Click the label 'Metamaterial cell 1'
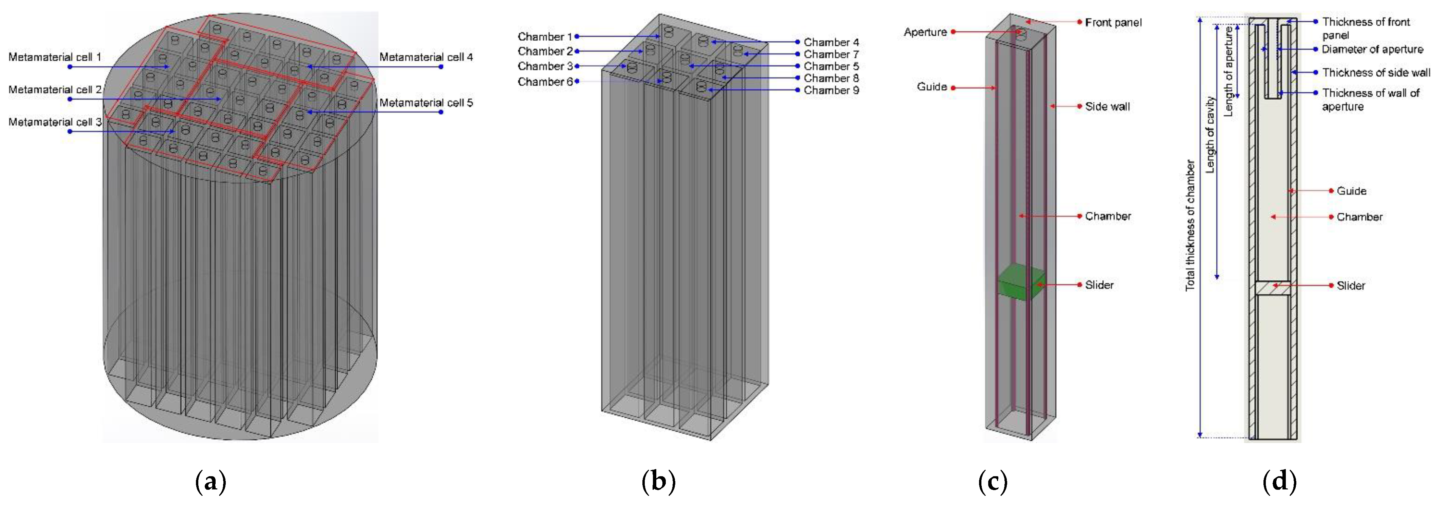point(55,57)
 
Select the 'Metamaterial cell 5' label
point(426,102)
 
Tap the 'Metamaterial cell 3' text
point(55,122)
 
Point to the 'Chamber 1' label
point(544,37)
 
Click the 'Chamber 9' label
point(831,90)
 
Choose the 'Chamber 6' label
point(544,82)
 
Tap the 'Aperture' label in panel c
point(925,32)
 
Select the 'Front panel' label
point(1113,22)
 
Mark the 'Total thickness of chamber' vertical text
point(1190,226)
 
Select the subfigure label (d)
point(1279,481)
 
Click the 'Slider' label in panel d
point(1351,286)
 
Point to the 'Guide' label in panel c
point(932,87)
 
